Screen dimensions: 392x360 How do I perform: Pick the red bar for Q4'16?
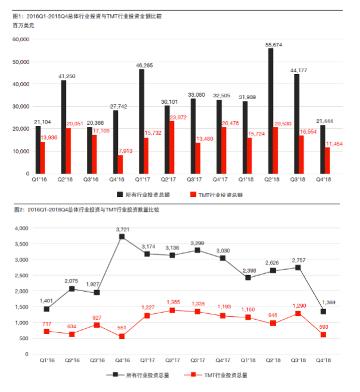[x=120, y=164]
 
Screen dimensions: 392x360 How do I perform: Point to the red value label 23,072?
[x=179, y=118]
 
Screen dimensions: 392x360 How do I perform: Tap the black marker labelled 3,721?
[x=122, y=237]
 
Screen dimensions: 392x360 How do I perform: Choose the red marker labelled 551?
[x=122, y=337]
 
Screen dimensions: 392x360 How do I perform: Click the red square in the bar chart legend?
[x=193, y=195]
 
